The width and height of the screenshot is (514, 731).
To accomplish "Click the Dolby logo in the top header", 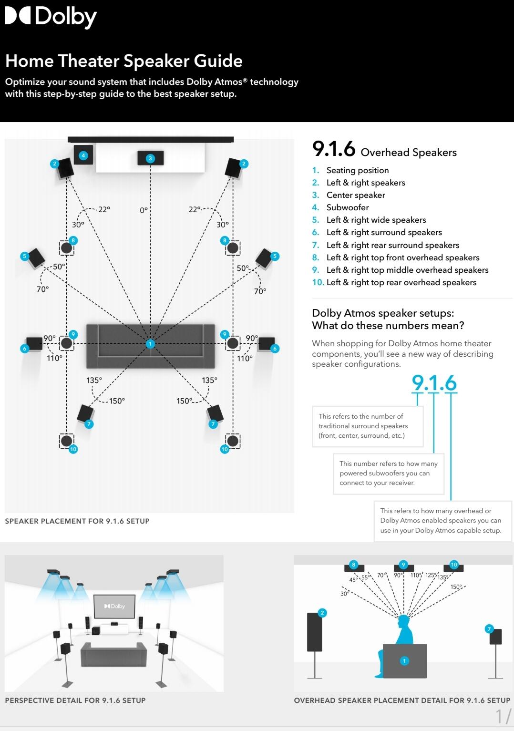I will click(x=51, y=17).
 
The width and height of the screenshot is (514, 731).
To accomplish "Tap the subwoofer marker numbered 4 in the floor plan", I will click(x=83, y=155).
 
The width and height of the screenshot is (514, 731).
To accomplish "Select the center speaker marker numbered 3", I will click(x=150, y=158).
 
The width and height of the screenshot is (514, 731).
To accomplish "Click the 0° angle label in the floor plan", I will click(x=144, y=210).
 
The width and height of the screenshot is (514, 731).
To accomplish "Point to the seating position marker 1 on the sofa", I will click(x=150, y=343).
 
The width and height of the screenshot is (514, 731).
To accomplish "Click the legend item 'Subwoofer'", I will click(x=348, y=207).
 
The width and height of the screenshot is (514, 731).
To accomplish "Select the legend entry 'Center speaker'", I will click(x=356, y=195).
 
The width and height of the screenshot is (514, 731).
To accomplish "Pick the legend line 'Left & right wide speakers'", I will click(x=376, y=220).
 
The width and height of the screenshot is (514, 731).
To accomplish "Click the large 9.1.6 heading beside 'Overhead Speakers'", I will click(x=334, y=149).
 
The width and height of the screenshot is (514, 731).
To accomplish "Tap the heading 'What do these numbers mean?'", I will click(x=388, y=326).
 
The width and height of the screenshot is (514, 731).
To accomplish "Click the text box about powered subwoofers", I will click(x=388, y=473).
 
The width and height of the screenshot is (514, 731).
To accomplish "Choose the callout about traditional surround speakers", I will click(x=367, y=426).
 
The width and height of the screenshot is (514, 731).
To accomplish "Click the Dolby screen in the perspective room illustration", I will click(x=114, y=606).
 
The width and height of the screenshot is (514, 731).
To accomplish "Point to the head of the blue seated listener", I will click(x=404, y=621).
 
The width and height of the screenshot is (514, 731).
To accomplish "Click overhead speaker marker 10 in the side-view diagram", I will click(x=453, y=565).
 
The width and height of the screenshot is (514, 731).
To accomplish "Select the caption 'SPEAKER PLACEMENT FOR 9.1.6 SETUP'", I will click(x=77, y=521).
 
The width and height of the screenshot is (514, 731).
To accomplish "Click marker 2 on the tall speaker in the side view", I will click(x=322, y=613).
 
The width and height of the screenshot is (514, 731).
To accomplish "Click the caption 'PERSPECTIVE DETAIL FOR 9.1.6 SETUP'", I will click(x=75, y=700).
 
